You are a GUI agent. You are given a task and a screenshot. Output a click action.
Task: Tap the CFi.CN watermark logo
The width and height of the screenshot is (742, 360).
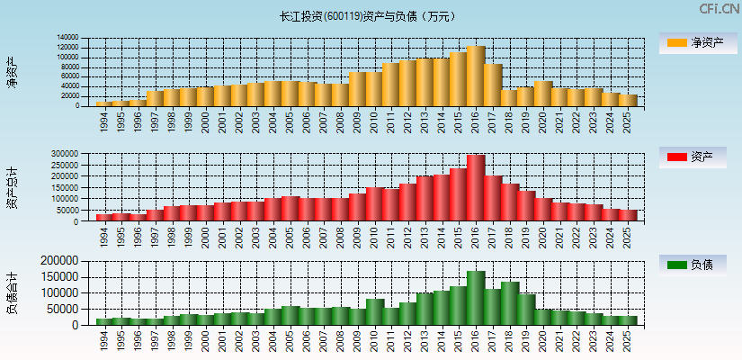[x=719, y=9]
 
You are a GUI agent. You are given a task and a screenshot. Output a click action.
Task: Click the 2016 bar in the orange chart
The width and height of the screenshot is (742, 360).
[x=476, y=76]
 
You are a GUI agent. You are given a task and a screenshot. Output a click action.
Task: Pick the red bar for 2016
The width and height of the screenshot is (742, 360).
[x=476, y=187]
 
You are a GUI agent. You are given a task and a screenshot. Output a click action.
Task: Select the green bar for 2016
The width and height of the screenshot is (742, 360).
[x=476, y=298]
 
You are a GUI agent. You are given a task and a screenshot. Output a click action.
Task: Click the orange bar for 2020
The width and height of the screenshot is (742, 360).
[x=543, y=94]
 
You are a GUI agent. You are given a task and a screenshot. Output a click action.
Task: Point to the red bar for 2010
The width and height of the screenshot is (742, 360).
[x=375, y=203]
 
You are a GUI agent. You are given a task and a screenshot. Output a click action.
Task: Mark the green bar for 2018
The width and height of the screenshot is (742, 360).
[x=510, y=303]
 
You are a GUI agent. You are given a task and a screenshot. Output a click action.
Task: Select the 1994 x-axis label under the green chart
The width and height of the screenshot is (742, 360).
[x=103, y=339]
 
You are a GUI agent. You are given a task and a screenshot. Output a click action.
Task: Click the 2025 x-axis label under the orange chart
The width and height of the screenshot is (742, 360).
[x=627, y=121]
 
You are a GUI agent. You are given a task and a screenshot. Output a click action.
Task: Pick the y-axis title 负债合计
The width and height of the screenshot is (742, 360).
[x=13, y=292]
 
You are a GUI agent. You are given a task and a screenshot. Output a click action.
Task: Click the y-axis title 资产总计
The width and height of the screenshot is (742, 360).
[x=13, y=187]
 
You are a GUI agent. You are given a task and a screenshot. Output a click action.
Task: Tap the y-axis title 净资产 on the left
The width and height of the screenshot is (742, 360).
[x=13, y=72]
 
